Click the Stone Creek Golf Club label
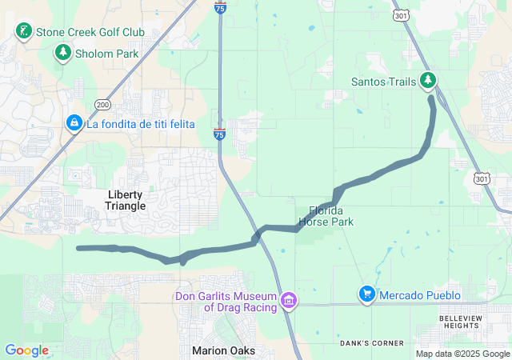tap(90, 32)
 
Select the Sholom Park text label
tap(107, 54)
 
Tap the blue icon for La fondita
tap(74, 122)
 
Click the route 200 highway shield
tap(102, 105)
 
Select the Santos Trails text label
tap(383, 81)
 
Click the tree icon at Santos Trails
tap(429, 80)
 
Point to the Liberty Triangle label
tap(126, 200)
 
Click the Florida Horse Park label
tap(326, 216)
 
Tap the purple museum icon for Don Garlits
tap(289, 301)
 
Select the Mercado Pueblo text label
tap(420, 295)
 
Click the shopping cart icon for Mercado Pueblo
tap(366, 295)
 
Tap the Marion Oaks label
tap(223, 350)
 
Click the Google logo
tap(27, 350)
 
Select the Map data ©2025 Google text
tap(462, 354)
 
